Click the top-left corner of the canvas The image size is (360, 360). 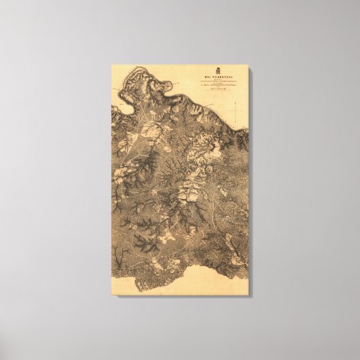click(x=112, y=65)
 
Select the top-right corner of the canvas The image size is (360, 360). click(x=249, y=65)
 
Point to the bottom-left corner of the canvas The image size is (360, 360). click(x=112, y=295)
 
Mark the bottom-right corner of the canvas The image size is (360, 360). click(x=249, y=295)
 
